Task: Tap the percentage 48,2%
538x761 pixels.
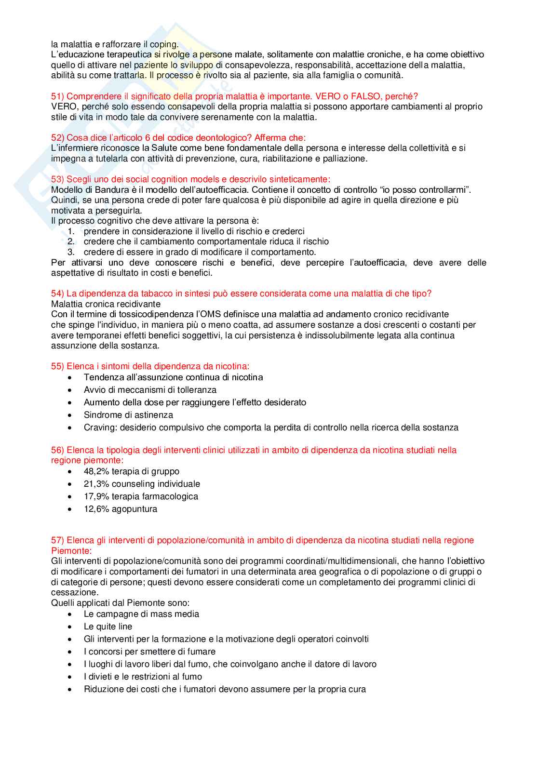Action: click(96, 471)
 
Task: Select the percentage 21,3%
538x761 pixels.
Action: click(96, 484)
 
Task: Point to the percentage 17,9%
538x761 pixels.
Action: click(96, 496)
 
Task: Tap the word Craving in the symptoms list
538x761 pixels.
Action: click(99, 427)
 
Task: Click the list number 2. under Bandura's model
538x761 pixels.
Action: click(71, 241)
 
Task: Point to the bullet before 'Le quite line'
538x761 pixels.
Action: click(70, 627)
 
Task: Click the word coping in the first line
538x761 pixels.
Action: click(164, 44)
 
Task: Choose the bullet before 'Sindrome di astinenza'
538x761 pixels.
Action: click(70, 415)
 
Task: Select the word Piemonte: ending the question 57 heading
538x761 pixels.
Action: click(71, 551)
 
